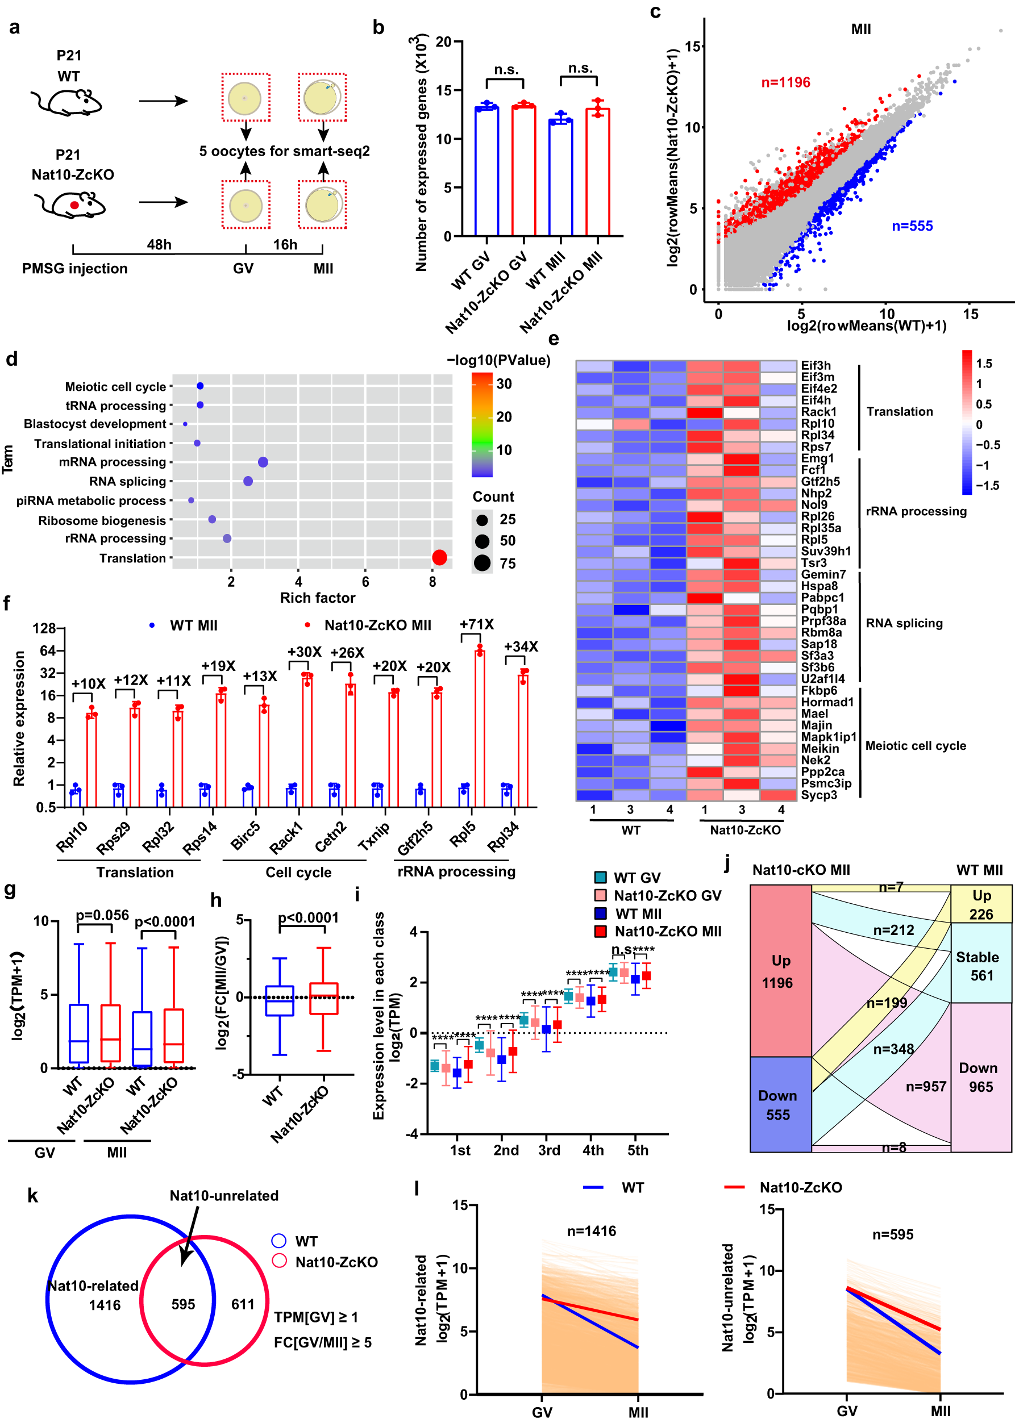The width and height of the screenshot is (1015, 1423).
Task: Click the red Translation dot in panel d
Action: pos(439,557)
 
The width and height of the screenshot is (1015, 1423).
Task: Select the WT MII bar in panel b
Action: pos(560,178)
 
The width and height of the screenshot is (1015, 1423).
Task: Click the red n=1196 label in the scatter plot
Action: pos(785,82)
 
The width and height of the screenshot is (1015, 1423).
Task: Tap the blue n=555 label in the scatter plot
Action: pos(912,226)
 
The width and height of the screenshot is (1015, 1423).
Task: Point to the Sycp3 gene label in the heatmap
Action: pos(819,795)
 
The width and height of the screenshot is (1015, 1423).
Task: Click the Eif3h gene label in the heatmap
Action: pos(816,365)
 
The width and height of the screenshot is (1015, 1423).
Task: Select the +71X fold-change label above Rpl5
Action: pos(476,624)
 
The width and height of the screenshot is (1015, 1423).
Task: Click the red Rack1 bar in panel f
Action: pos(307,740)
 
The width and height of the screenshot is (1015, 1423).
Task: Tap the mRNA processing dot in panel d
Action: pos(263,462)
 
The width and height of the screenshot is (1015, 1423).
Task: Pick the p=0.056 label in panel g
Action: pos(102,915)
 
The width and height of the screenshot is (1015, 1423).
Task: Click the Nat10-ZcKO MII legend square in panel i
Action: pos(601,932)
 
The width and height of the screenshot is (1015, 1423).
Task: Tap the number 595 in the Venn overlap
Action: pos(183,1304)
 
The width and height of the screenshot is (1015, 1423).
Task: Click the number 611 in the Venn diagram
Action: pos(243,1304)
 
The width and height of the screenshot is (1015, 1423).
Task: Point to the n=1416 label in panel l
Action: pos(591,1231)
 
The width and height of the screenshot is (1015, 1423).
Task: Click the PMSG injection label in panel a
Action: pos(74,269)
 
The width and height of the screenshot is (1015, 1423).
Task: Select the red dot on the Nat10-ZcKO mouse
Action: pos(74,205)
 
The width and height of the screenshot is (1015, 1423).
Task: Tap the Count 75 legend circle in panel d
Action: pos(482,564)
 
